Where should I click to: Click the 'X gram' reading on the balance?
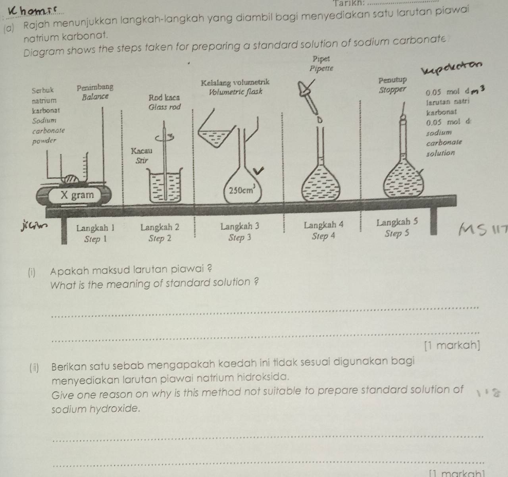click(x=77, y=195)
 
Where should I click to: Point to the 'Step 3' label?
click(x=240, y=238)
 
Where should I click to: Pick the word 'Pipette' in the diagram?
click(x=321, y=68)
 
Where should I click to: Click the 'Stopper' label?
click(x=393, y=89)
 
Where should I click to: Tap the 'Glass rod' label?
click(x=164, y=107)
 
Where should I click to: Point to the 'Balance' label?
click(x=94, y=97)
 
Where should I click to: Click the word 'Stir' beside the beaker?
click(x=141, y=161)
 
